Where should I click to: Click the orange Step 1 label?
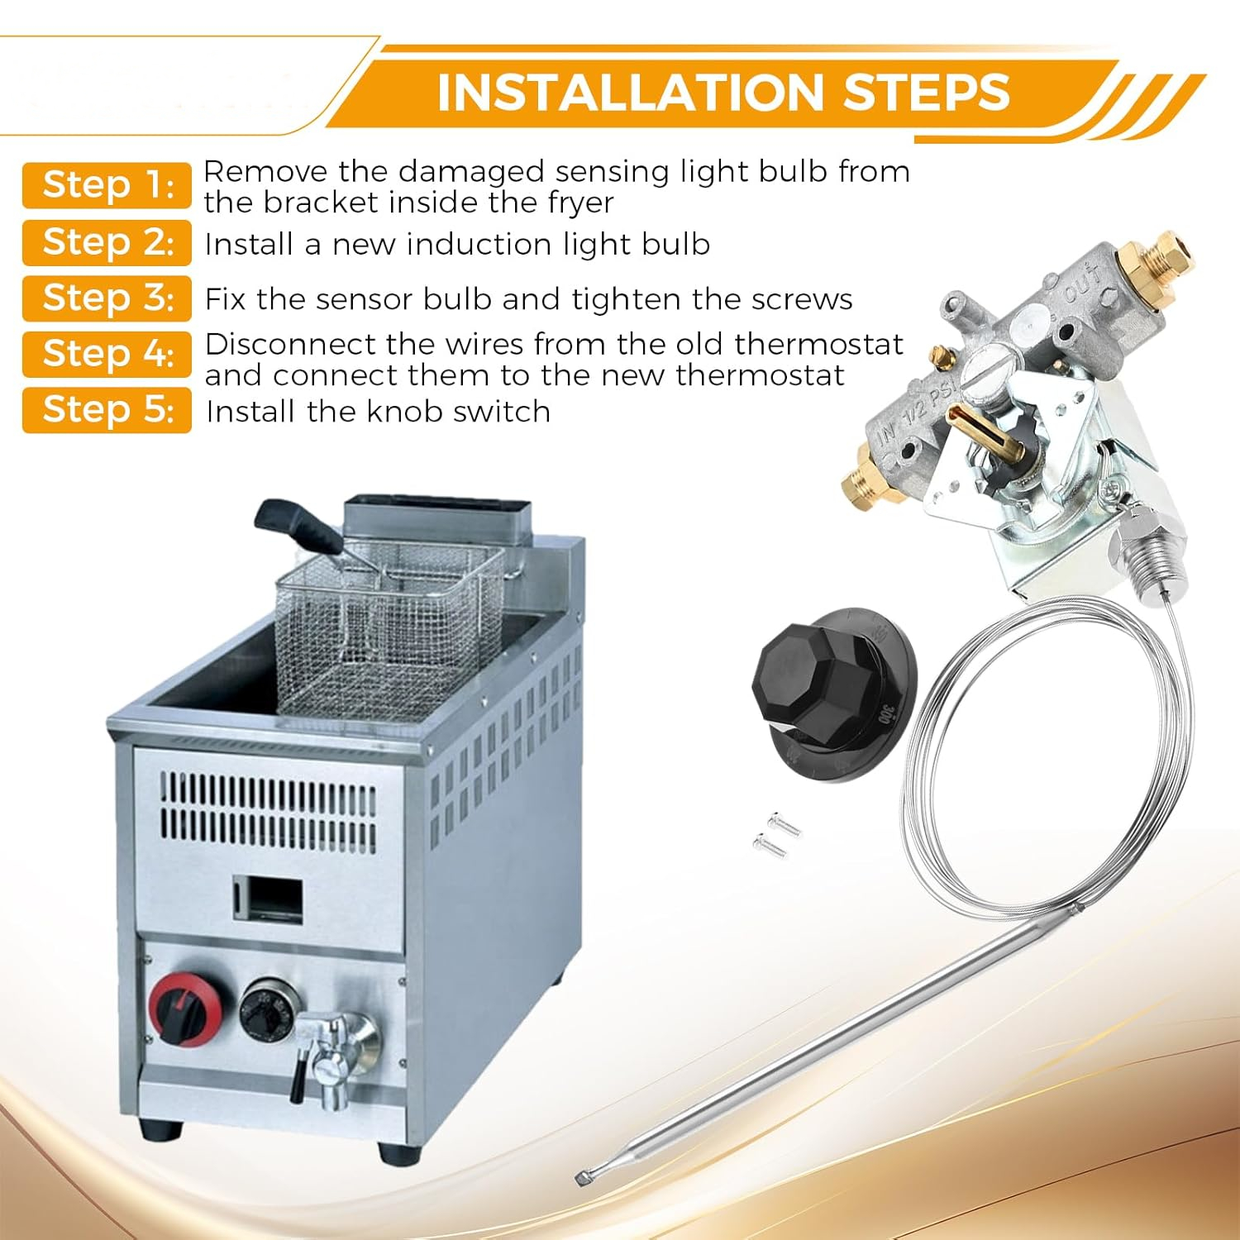(107, 185)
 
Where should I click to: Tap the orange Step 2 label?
(107, 242)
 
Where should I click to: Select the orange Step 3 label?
(107, 298)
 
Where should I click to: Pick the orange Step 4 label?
(107, 354)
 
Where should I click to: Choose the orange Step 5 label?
(107, 409)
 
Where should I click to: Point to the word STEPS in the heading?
(927, 92)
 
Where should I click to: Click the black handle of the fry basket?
(298, 526)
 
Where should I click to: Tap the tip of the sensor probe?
(584, 1178)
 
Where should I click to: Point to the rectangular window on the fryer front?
(267, 899)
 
